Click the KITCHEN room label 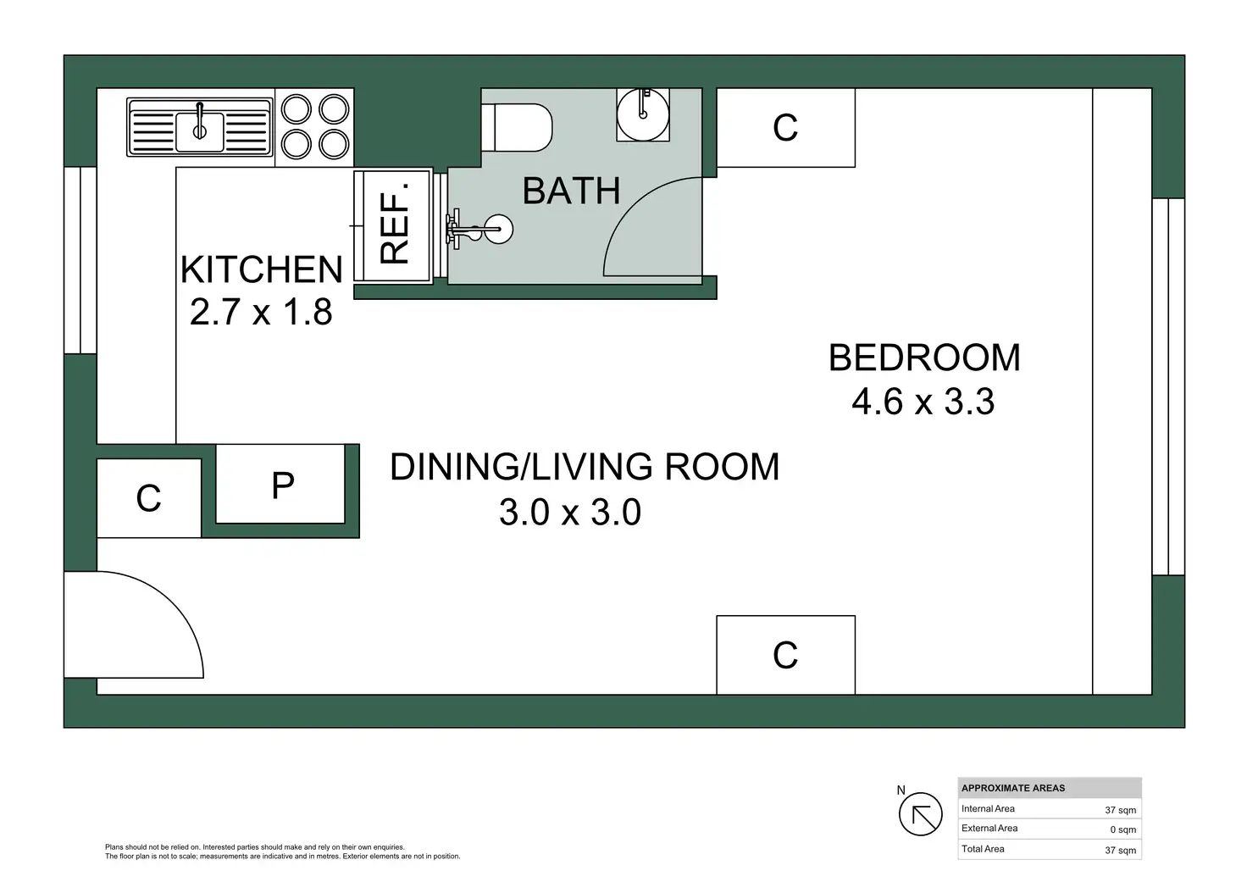(261, 269)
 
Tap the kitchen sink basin (200, 132)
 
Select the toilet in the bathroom (517, 127)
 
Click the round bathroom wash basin (643, 114)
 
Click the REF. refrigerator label (394, 224)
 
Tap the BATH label (571, 191)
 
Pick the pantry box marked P (280, 484)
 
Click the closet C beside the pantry (148, 498)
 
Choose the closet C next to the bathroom (785, 127)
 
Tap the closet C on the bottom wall (785, 655)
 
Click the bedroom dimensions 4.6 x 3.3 (923, 402)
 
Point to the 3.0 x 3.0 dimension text (570, 513)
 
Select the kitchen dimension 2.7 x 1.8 (261, 312)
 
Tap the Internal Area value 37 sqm (1120, 810)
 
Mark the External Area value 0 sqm (1122, 829)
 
